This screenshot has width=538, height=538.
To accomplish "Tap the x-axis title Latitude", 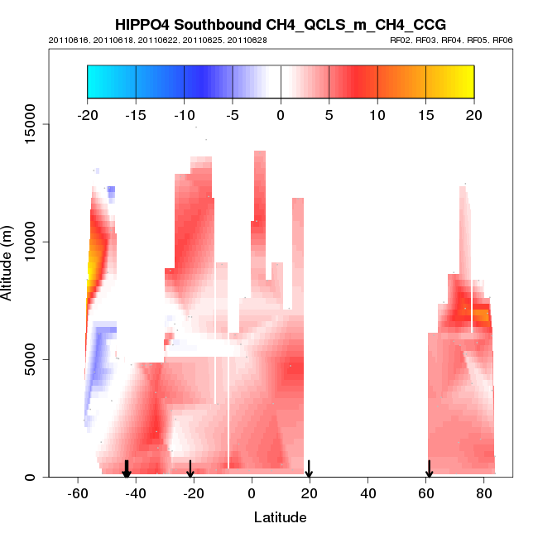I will tap(280, 517).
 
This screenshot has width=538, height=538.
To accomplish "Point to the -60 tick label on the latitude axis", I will tap(77, 493).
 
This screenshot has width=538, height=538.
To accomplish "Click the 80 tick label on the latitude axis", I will tap(483, 493).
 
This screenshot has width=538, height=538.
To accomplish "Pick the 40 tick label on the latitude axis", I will tap(367, 493).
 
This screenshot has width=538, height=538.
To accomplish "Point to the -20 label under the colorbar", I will tap(87, 114).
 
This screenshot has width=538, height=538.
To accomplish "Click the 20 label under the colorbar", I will tap(473, 114).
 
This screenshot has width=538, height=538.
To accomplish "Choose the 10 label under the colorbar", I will tap(377, 114).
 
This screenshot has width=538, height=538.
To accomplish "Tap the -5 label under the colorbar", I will tap(232, 114).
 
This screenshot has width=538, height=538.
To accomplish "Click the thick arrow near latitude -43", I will tap(127, 469).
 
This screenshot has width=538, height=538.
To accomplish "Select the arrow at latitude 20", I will tap(309, 470).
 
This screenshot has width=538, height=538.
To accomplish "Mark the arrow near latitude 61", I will tap(429, 469).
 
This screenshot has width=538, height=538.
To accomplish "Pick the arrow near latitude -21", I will tap(190, 469).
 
